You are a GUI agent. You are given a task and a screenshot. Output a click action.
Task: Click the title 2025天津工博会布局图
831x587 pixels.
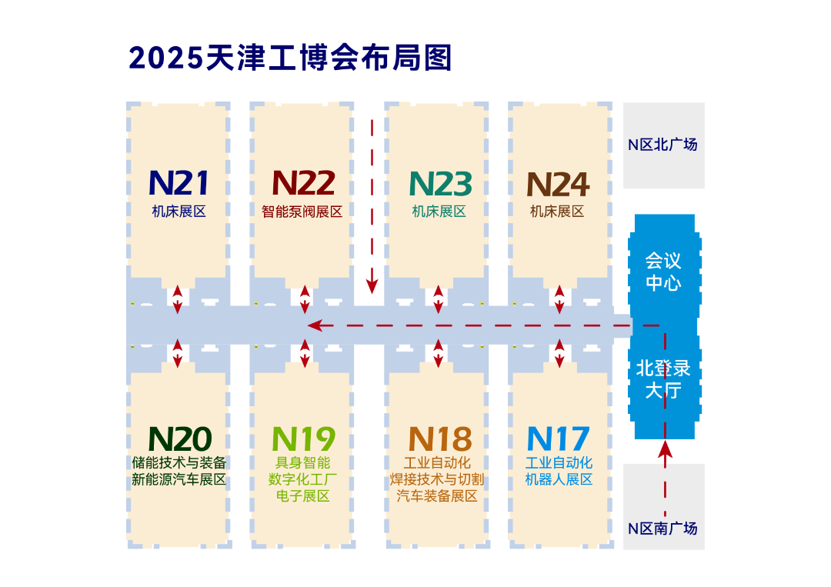(290, 58)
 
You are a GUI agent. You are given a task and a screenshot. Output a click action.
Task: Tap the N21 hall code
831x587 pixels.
(179, 184)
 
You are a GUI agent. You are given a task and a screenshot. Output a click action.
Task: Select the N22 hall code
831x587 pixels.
(303, 184)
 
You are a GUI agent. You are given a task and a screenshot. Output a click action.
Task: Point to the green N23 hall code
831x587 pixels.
(440, 184)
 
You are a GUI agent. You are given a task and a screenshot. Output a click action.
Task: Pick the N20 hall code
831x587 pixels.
(179, 439)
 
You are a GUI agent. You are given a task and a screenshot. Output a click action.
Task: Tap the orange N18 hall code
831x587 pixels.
(439, 439)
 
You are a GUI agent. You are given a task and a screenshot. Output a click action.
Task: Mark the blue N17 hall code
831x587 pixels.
(558, 439)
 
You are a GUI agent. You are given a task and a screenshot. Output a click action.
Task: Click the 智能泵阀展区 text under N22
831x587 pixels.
(302, 212)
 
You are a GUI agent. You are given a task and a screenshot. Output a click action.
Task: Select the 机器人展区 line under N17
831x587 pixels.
(559, 479)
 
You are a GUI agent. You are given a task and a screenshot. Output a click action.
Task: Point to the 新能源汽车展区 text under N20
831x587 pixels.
(179, 479)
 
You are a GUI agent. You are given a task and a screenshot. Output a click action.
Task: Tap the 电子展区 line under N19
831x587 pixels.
(302, 496)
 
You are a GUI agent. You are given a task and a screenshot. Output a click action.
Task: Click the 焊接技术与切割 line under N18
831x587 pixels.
(438, 479)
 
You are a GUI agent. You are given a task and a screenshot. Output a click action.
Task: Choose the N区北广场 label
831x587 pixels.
(662, 145)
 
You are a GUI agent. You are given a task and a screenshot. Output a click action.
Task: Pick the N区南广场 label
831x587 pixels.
(662, 529)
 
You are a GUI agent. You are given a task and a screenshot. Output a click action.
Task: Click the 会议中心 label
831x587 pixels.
(663, 272)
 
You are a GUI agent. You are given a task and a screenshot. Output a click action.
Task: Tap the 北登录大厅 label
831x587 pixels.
(663, 379)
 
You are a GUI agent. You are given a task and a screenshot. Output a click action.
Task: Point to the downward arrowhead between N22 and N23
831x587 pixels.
(372, 286)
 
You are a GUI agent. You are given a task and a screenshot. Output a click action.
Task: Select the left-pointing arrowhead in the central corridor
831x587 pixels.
(314, 326)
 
